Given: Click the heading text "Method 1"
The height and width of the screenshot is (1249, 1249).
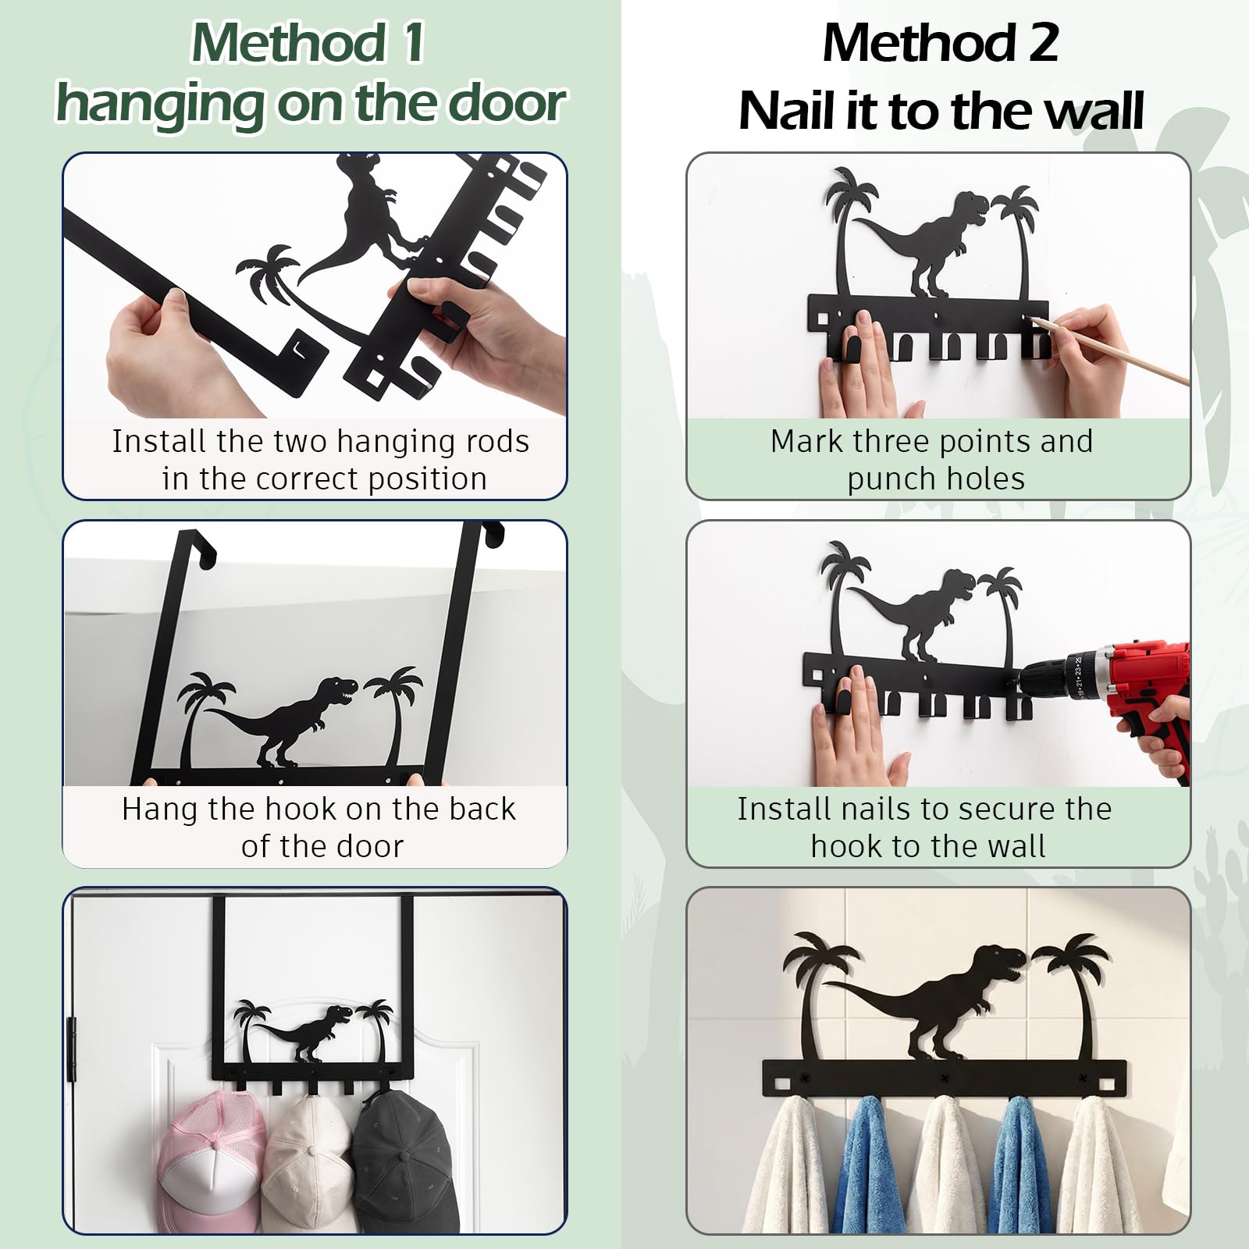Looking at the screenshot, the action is (308, 43).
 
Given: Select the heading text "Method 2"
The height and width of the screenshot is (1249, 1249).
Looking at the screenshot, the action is (941, 43).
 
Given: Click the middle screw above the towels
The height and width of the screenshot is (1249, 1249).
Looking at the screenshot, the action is (945, 1078).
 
